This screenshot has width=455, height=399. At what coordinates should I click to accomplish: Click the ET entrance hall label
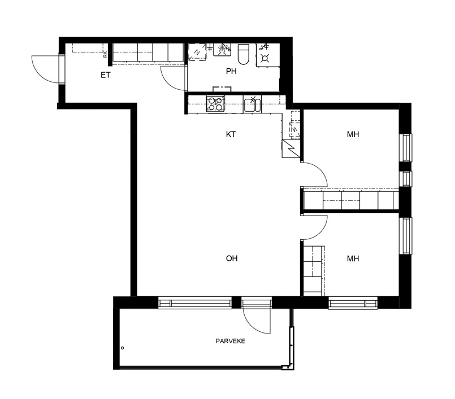click(x=105, y=75)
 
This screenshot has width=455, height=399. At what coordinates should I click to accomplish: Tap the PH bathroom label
click(x=231, y=71)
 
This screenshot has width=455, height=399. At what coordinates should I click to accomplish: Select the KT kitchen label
click(x=231, y=134)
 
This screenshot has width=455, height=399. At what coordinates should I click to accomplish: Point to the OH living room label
click(x=232, y=258)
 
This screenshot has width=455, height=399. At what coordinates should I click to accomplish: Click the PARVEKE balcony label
click(x=231, y=341)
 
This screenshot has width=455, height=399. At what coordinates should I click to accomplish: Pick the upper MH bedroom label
click(x=353, y=134)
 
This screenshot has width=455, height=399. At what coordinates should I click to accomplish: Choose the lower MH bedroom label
click(x=353, y=258)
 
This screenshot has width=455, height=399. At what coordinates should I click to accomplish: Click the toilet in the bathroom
click(x=244, y=54)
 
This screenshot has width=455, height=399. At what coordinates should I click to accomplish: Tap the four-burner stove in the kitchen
click(x=215, y=104)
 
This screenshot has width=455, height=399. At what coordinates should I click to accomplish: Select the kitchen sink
click(x=252, y=104)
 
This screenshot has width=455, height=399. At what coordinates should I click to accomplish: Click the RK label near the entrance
click(x=105, y=55)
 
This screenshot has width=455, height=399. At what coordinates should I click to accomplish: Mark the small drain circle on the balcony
click(x=123, y=348)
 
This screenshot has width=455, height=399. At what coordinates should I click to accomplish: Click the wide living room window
click(x=195, y=303)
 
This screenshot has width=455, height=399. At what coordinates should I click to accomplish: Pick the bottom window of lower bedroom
click(x=353, y=303)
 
